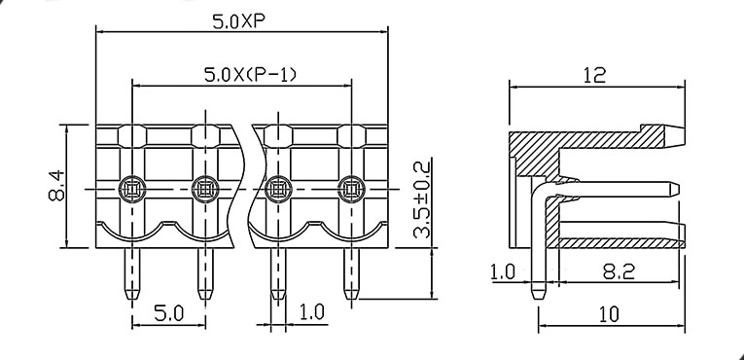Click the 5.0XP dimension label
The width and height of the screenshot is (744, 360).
point(238,21)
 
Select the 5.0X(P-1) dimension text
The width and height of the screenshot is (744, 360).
point(250,75)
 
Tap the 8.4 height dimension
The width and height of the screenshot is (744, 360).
point(56,187)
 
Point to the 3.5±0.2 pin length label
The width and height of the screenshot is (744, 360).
point(421,199)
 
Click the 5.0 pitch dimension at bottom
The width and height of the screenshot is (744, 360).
point(168,313)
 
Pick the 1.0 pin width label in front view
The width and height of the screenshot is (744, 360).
point(312,312)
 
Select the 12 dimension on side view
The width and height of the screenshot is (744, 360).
point(594,75)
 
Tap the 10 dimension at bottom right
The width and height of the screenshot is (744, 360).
point(608,314)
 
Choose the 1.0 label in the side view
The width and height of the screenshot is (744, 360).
point(502,272)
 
